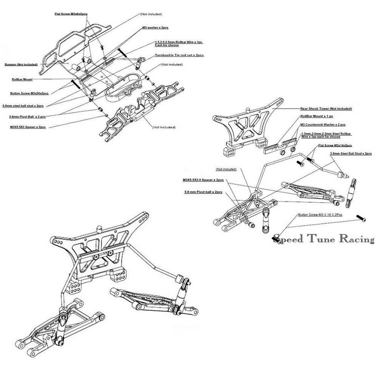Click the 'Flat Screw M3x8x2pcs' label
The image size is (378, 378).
[71, 14]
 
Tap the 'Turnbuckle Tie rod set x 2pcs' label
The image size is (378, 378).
[179, 55]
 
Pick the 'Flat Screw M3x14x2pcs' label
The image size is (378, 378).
[335, 145]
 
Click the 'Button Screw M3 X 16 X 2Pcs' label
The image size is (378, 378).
[320, 215]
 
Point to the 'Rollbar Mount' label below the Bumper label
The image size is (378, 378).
[22, 80]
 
